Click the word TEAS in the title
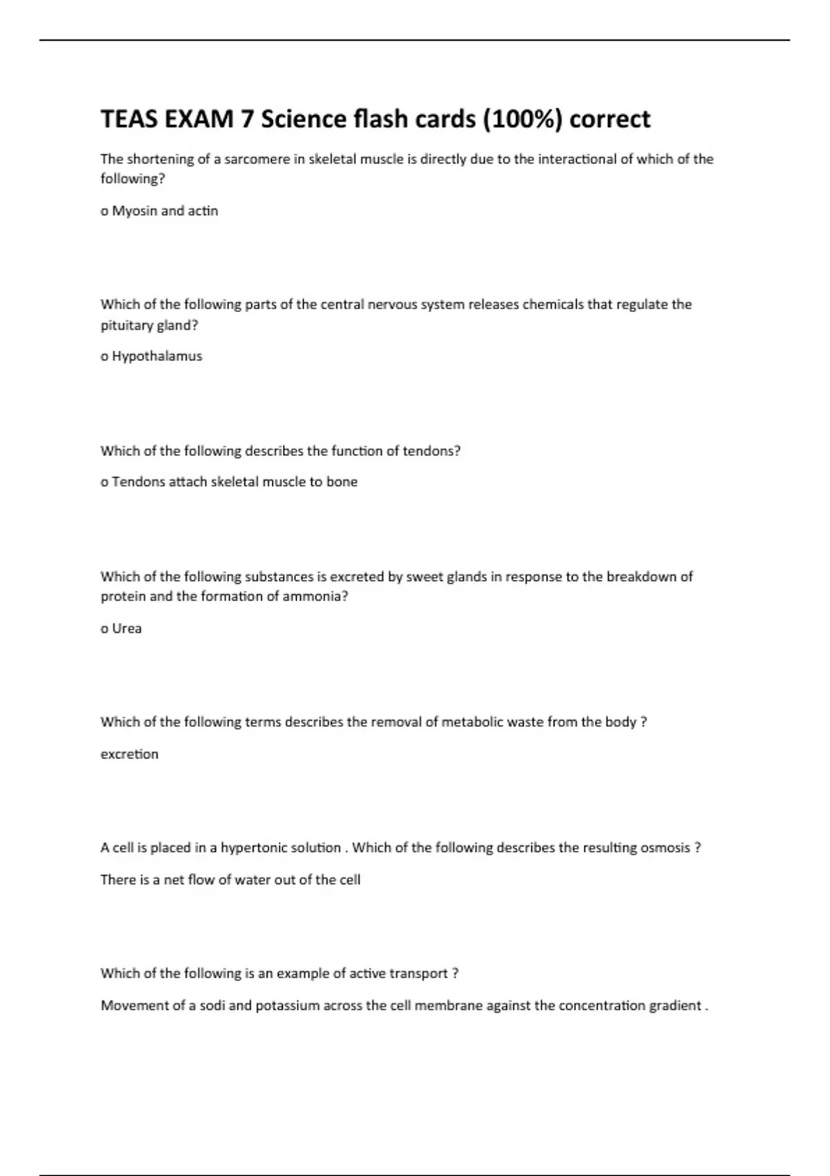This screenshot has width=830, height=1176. click(x=129, y=119)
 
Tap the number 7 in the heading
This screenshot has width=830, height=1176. click(x=246, y=119)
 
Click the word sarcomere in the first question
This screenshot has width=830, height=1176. click(x=253, y=159)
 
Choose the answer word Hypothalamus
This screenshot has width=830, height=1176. click(x=157, y=356)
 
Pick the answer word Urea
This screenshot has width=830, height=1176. click(x=127, y=628)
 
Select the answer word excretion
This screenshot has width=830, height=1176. click(x=129, y=754)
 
